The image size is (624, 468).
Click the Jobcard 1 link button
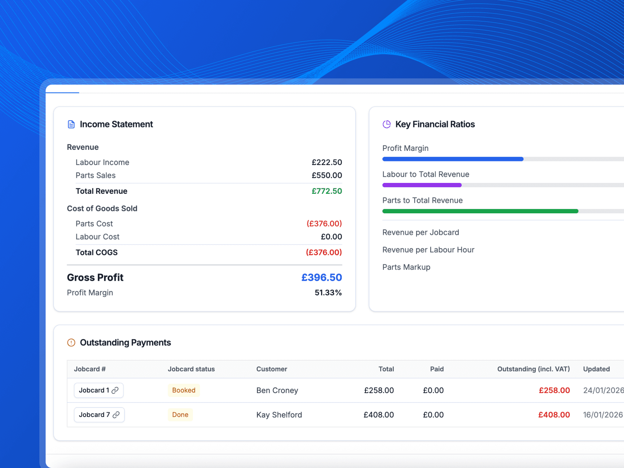pos(99,390)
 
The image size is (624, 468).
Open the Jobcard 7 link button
pos(99,415)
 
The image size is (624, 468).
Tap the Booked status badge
pos(184,390)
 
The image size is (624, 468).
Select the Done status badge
pos(180,415)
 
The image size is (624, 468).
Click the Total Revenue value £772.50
pos(326,191)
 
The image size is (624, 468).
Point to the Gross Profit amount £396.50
pos(321,278)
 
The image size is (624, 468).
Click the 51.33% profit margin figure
pos(328,293)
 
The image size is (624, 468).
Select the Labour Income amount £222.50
pos(326,162)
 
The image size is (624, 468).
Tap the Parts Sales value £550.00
pos(326,175)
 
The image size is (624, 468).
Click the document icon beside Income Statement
pos(71,124)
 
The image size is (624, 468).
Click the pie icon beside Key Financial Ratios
pos(386,124)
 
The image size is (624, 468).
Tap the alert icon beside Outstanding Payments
pos(71,343)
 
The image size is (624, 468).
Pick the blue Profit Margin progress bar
pos(452,159)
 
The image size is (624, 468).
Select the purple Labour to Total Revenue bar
pos(422,185)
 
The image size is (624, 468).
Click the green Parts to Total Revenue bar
pos(480,211)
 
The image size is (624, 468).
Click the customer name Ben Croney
pos(277,390)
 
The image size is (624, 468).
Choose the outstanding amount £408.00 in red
pos(554,415)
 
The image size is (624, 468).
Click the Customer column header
pos(271,369)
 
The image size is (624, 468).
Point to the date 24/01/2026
pos(603,390)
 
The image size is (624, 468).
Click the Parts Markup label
pos(406,267)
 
